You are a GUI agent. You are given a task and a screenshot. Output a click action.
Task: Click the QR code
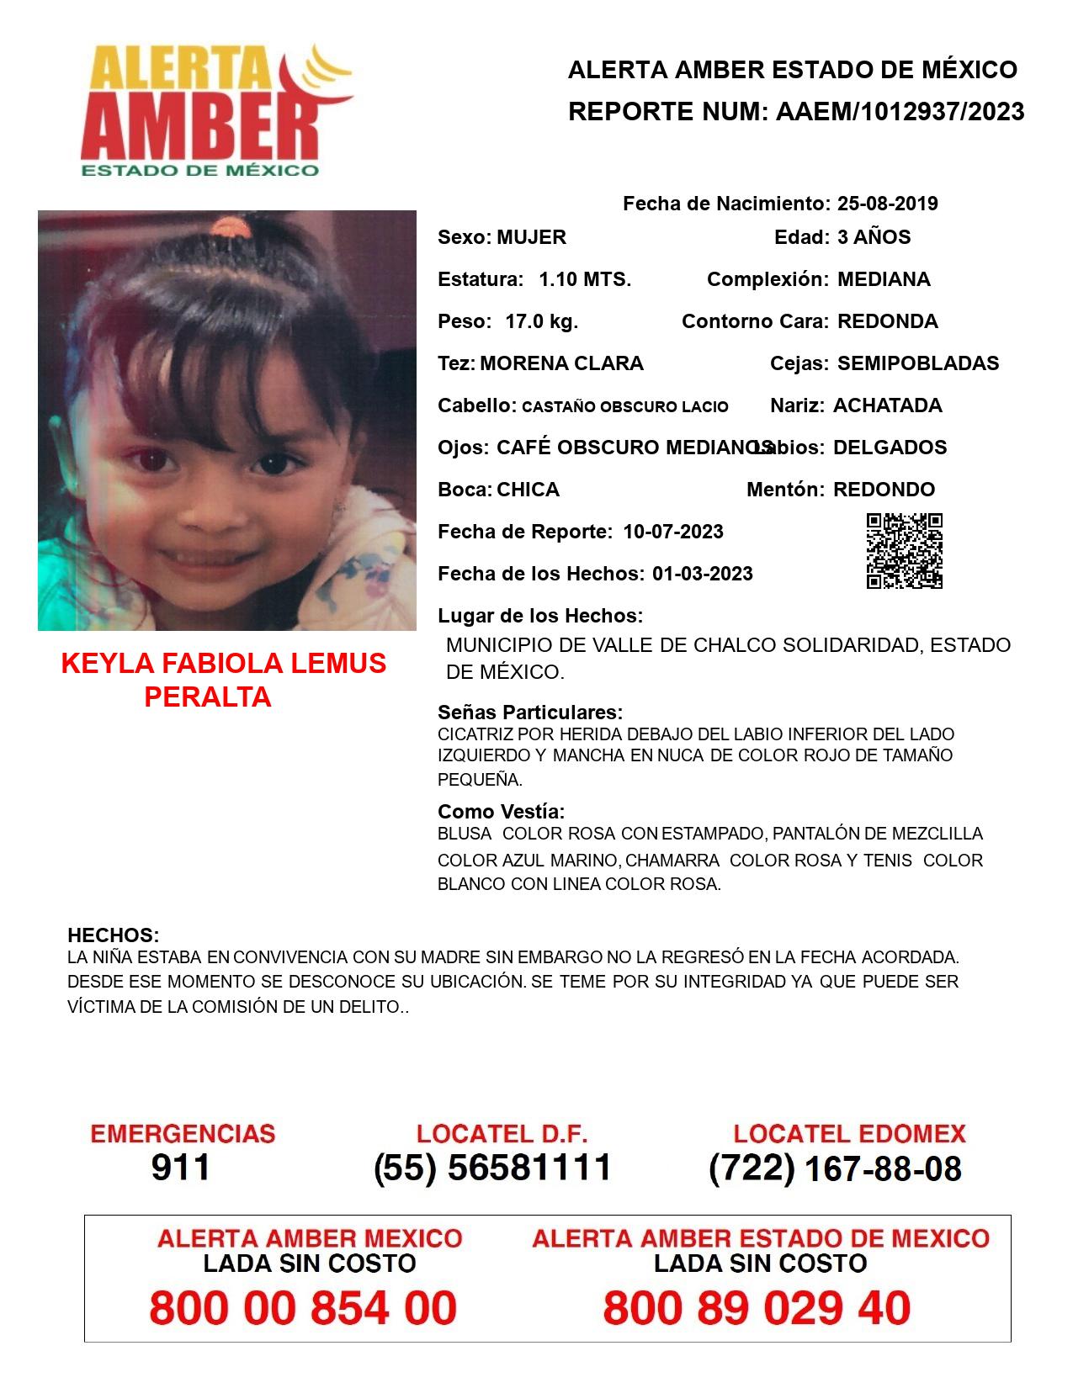coord(904,551)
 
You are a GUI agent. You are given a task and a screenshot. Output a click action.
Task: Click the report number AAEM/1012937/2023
coord(900,111)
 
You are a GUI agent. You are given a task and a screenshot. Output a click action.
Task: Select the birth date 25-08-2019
coord(887,204)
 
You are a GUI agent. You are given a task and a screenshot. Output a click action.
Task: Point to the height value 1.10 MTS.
coord(585,279)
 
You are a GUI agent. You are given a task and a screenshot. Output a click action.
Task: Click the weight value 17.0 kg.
coord(541,321)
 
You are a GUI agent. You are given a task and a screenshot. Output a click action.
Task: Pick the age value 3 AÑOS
coord(874,237)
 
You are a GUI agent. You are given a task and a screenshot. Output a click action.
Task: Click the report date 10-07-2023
coord(673,532)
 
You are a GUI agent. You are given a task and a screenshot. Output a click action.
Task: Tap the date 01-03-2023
coord(702,574)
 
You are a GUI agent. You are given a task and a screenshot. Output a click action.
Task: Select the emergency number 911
coord(180,1168)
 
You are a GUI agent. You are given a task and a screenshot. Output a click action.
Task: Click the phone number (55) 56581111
coord(492,1168)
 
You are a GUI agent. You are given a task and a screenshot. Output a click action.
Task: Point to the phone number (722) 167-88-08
coord(835,1168)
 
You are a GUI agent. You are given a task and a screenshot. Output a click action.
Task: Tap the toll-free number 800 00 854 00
coord(303,1308)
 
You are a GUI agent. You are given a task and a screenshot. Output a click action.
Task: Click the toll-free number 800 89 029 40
coord(757,1308)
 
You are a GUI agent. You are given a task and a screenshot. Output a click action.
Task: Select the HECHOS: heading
coord(113,935)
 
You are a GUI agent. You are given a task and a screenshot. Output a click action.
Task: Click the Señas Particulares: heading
coord(530,713)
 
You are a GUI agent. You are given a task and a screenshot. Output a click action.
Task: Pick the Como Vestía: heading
coord(501,812)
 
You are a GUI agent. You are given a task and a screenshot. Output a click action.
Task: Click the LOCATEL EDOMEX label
coord(849,1134)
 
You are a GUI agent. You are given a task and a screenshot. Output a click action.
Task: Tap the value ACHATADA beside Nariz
coord(887,405)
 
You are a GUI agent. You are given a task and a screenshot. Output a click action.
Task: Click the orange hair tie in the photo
coord(228,226)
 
